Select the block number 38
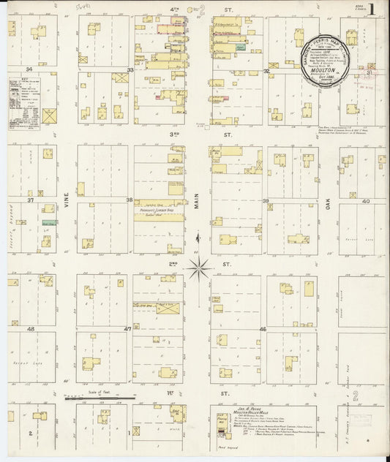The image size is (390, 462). coord(130,200)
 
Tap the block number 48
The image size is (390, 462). coord(31,329)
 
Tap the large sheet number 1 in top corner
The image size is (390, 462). coord(373,10)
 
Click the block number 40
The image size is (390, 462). coord(364,201)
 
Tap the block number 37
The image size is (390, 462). coord(31,200)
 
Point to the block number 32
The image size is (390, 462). coord(266,70)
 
